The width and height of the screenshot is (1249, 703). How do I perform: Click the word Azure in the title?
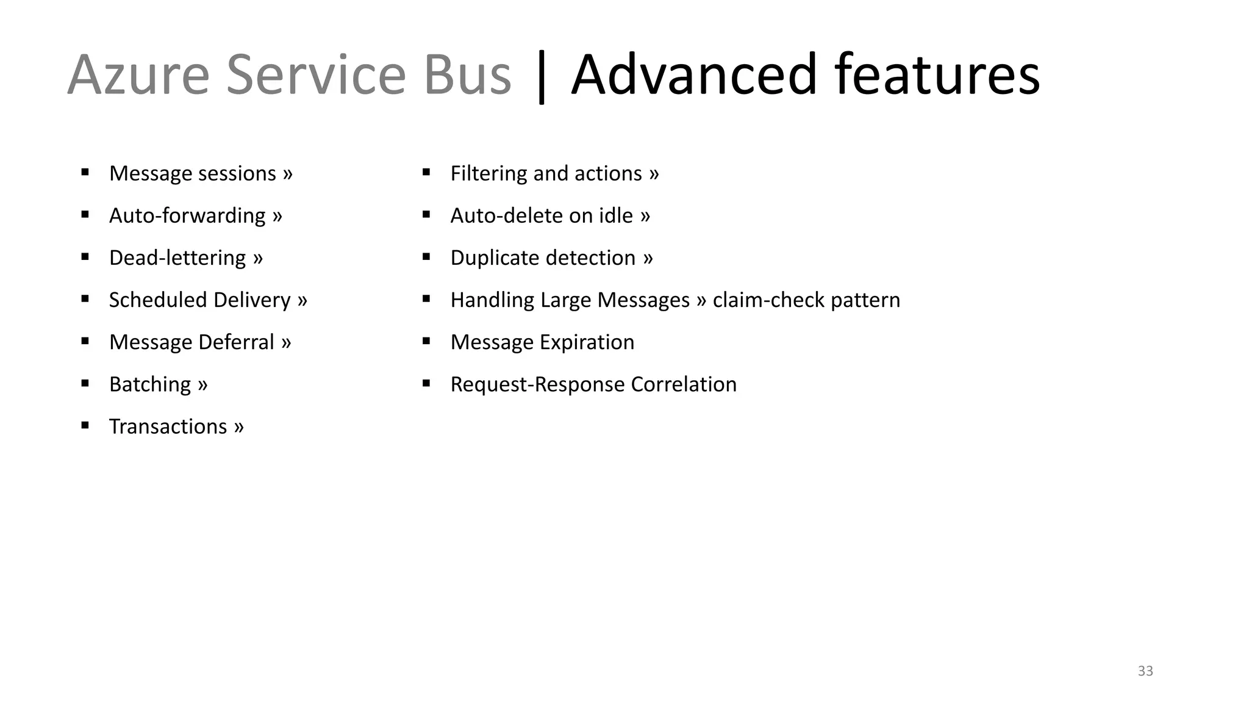(x=138, y=75)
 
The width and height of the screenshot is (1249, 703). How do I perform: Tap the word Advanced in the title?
(x=693, y=75)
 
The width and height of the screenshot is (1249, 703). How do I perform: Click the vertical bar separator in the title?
(x=541, y=78)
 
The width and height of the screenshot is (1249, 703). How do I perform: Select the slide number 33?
(x=1145, y=671)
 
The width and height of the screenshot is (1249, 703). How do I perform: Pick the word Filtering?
(x=489, y=173)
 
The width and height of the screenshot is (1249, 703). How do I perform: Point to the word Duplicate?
(x=495, y=258)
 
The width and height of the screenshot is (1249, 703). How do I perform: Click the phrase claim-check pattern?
(x=806, y=300)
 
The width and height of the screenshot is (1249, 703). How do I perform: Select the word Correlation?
(x=684, y=384)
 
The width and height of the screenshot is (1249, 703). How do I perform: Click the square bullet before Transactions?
(x=85, y=425)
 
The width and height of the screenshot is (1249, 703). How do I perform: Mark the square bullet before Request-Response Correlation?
(x=426, y=383)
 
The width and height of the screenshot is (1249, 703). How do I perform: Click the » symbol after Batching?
(x=202, y=385)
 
